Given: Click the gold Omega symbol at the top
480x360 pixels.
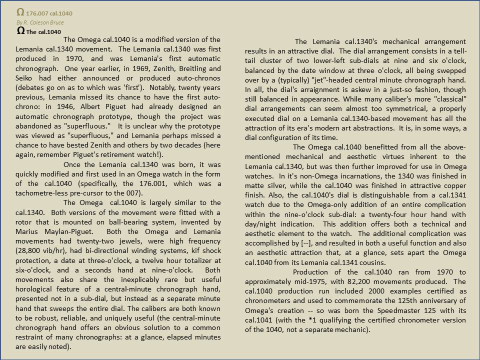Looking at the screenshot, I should (20, 12).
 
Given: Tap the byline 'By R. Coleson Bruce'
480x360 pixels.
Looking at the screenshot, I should (33, 22).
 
